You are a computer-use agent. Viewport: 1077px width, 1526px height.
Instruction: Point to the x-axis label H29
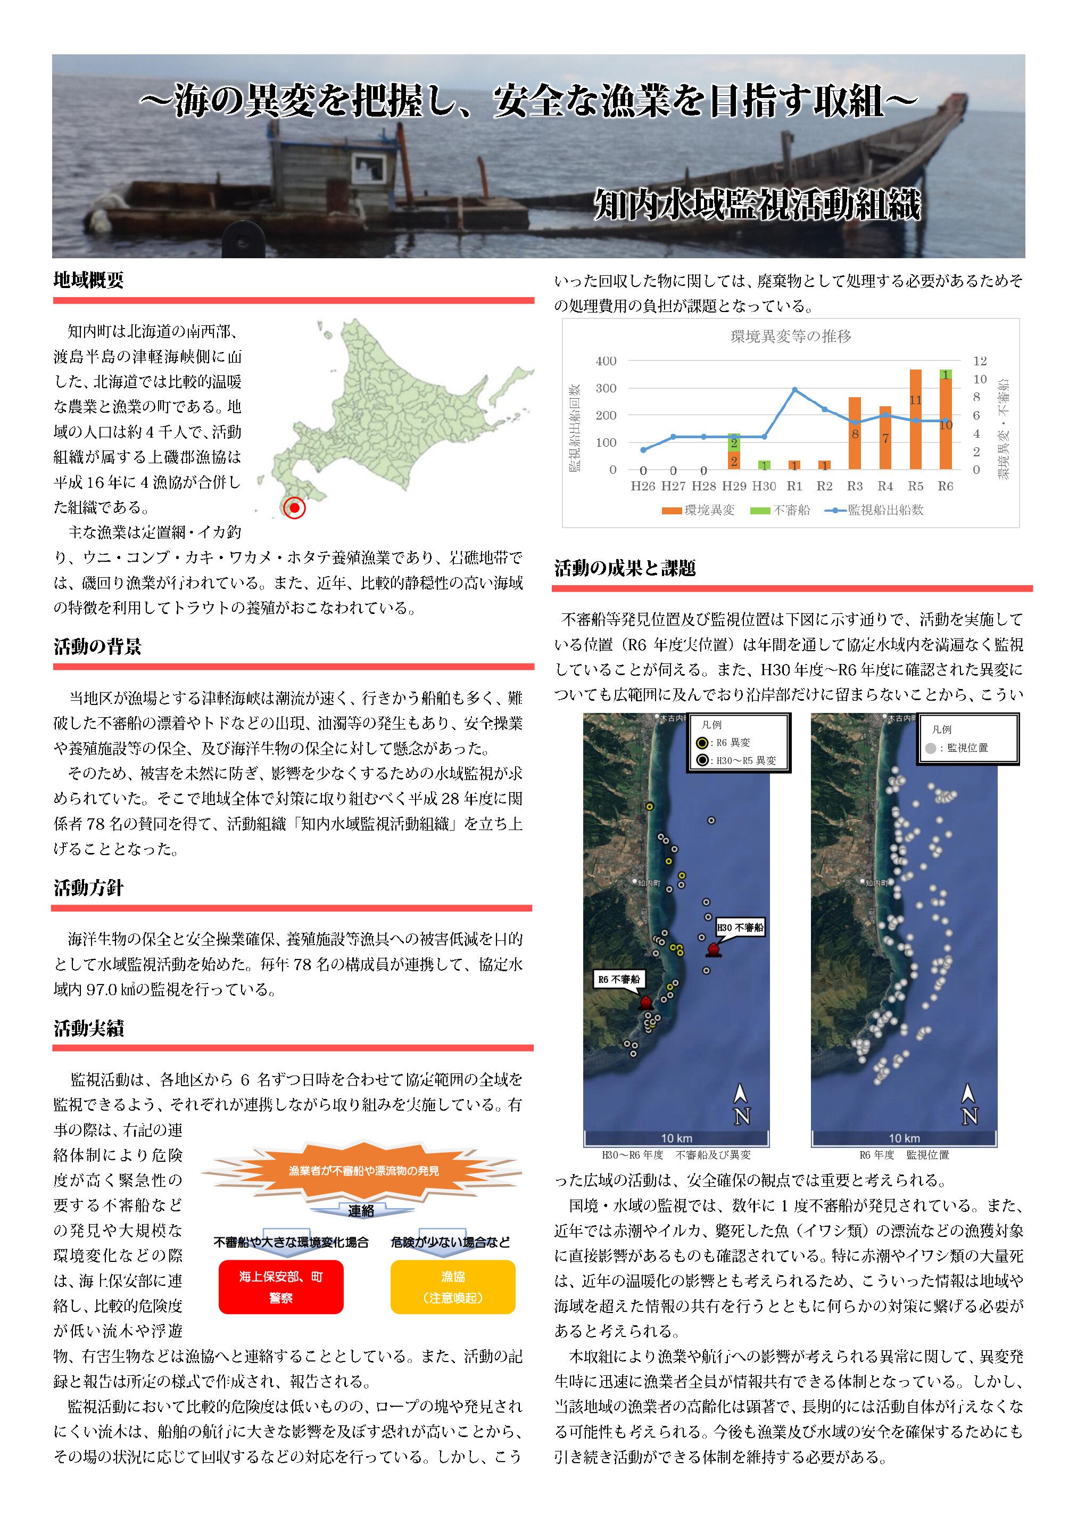coord(733,486)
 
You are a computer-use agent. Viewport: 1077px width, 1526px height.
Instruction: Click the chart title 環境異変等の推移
coord(791,337)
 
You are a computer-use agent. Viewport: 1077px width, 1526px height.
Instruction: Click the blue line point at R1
coord(794,389)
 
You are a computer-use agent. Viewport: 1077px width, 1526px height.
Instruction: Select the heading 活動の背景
coord(98,646)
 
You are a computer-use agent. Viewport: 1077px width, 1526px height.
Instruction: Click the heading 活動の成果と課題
coord(625,568)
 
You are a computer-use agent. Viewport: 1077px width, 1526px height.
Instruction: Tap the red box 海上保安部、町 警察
coord(280,1287)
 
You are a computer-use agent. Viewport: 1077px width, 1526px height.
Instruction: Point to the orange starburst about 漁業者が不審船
coord(363,1170)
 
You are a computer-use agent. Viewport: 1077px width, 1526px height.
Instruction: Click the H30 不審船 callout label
coord(740,927)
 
